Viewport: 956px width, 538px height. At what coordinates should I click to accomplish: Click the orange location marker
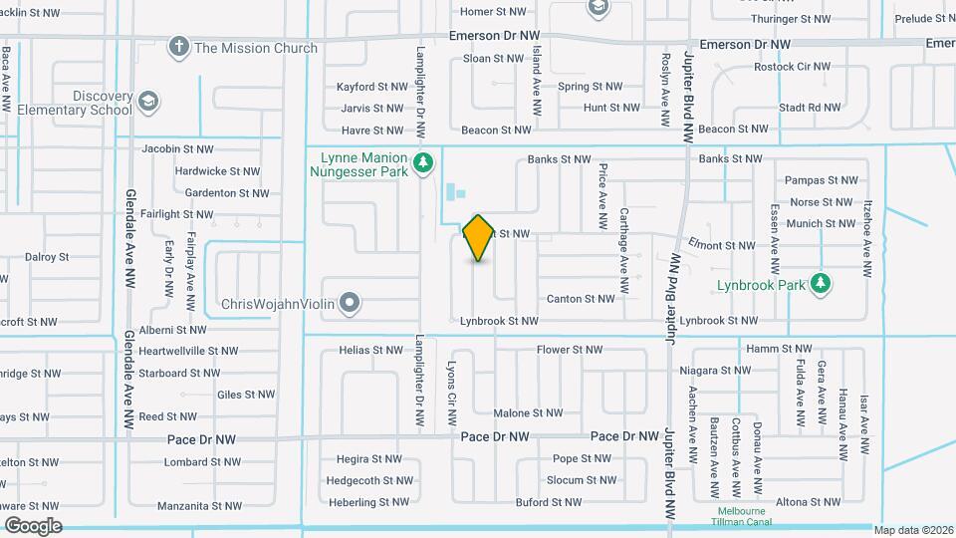(x=478, y=238)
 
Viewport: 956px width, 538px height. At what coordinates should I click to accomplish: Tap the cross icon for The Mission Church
(x=179, y=47)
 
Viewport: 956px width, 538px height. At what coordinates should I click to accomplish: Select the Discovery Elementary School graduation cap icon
(x=147, y=102)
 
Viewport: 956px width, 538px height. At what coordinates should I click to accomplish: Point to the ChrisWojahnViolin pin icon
(x=349, y=303)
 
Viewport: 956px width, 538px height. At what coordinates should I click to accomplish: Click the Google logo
(x=33, y=526)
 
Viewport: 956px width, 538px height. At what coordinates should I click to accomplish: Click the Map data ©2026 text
(x=914, y=529)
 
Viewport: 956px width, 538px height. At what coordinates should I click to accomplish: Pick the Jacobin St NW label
(x=177, y=149)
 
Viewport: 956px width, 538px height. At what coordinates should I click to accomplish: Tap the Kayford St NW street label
(x=372, y=87)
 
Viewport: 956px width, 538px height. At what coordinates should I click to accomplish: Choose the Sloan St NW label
(x=493, y=59)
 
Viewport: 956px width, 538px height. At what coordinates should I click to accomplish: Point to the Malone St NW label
(x=528, y=413)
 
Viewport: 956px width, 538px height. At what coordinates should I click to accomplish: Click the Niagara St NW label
(x=714, y=371)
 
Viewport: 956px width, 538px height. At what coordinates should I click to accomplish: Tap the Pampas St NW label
(x=821, y=180)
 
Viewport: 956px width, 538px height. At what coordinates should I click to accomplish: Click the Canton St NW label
(x=581, y=299)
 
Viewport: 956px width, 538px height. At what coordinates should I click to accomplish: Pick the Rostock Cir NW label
(x=793, y=67)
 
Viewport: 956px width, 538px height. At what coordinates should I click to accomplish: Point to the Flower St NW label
(x=570, y=350)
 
